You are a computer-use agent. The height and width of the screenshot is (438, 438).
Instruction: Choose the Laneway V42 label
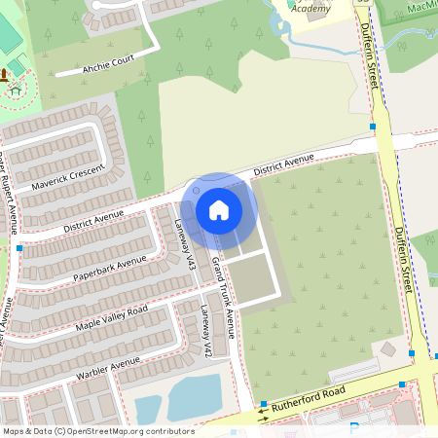pos(205,330)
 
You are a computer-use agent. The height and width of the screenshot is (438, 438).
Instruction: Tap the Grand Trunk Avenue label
pos(224,297)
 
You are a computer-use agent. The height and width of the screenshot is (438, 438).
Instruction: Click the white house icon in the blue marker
pos(219,209)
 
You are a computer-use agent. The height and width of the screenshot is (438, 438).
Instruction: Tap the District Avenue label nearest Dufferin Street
pos(283,165)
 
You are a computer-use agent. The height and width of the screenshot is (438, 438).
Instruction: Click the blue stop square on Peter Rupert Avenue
pos(19,249)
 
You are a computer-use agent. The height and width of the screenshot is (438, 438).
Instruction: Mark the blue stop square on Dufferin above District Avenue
pos(373,127)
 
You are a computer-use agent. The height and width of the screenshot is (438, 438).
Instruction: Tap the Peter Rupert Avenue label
pos(10,195)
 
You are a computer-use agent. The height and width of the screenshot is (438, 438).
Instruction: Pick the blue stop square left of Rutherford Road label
pos(263,404)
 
